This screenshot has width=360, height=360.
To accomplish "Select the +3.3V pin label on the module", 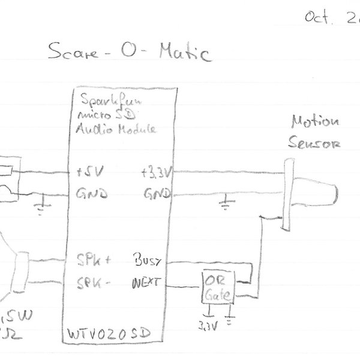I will pos(157,173).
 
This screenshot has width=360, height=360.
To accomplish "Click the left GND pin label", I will pos(91,195).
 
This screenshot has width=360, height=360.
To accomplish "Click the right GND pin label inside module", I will pos(157,194).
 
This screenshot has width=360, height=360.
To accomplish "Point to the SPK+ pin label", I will pos(94,261).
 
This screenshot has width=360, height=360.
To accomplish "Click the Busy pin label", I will pos(148,261).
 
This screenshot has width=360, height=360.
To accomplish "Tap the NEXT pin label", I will pos(146,281).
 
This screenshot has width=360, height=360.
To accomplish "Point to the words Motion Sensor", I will pos(314,133).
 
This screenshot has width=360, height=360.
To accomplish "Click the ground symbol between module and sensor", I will pos(224,204).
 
